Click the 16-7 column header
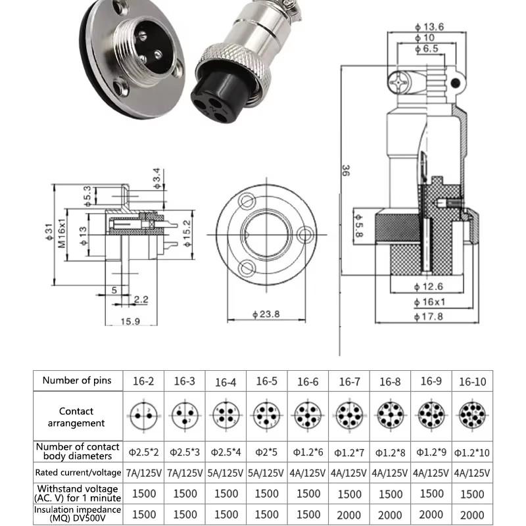pos(349,382)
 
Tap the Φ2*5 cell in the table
pos(266,452)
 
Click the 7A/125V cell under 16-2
pos(144,473)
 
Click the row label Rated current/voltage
pos(79,472)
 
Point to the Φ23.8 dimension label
pos(266,314)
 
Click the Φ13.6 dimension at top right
pos(431,27)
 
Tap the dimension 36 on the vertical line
pos(346,173)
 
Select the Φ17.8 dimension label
pos(430,316)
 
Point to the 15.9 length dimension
pos(129,322)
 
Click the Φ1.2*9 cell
pos(431,452)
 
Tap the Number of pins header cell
pos(77,380)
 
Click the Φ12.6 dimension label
pos(430,287)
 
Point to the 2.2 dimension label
pos(141,300)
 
